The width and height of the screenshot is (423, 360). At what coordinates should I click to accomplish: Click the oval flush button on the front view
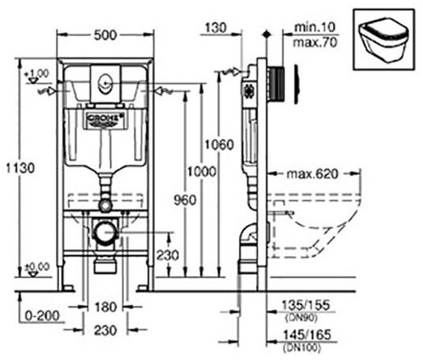tap(103, 81)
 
